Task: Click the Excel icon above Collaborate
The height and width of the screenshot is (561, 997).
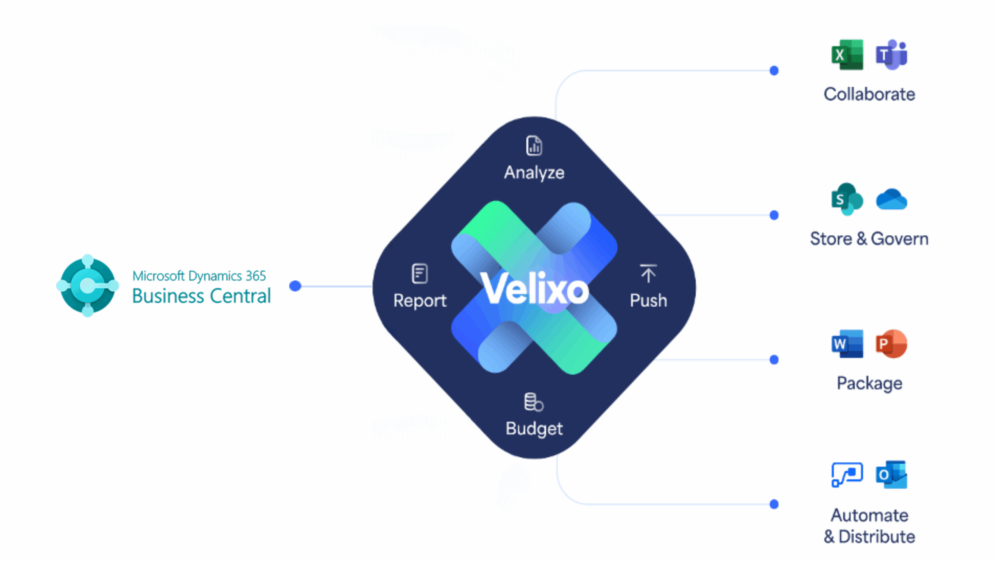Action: (x=847, y=55)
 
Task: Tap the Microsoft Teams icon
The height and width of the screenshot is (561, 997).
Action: (x=891, y=55)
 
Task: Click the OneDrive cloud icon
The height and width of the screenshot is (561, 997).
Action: (x=891, y=200)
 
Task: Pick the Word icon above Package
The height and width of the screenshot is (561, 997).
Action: (x=847, y=344)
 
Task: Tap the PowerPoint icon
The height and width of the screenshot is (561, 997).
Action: (x=891, y=344)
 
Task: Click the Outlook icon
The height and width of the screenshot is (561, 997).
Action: (x=891, y=475)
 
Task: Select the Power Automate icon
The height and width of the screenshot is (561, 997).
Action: (x=847, y=475)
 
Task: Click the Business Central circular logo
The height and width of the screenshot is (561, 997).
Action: (x=88, y=286)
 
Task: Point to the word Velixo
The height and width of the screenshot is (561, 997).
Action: (x=534, y=289)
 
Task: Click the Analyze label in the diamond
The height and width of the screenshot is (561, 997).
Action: (x=534, y=173)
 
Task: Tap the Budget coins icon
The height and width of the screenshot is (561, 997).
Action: (x=534, y=402)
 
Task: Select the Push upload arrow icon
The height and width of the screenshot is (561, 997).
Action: (x=648, y=273)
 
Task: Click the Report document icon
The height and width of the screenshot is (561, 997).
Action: (x=419, y=273)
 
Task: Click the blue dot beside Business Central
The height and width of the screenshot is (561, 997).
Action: (x=295, y=286)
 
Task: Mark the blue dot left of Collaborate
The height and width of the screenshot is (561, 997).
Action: (x=774, y=71)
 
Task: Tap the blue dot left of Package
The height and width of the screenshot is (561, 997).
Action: (x=774, y=360)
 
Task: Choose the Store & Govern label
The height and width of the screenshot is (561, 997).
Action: (x=869, y=239)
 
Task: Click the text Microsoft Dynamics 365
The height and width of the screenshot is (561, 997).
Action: (x=199, y=276)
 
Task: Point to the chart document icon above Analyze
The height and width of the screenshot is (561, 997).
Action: (x=534, y=146)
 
